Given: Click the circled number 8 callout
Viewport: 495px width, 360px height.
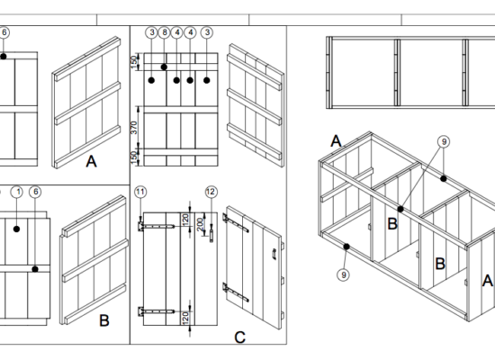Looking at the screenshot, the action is coord(164,32).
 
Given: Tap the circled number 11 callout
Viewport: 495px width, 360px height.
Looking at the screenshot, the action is coord(140,192).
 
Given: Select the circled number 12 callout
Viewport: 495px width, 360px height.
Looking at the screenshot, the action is coord(211,192).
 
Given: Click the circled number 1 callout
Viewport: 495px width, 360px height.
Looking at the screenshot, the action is coord(17,192).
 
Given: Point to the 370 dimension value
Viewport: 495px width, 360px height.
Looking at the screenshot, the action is coord(134,128).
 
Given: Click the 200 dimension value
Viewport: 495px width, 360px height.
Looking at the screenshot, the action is coord(200,224).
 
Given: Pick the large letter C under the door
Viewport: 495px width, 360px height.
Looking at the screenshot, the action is coord(240,337).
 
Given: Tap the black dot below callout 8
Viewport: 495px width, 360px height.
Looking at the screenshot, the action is coord(164,67).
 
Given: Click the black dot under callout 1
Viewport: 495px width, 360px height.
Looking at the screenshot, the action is coord(17,229).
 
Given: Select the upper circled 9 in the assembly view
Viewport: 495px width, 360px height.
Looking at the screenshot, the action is coord(444,141).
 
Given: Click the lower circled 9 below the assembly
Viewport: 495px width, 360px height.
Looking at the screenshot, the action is coord(344,274).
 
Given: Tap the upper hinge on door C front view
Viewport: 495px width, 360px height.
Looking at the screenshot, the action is coord(157,226).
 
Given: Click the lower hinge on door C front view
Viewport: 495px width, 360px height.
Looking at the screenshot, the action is coord(157,311).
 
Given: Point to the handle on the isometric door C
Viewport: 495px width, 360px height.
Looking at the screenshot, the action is coord(274,254).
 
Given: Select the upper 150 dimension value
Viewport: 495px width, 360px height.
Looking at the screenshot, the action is coord(134,62).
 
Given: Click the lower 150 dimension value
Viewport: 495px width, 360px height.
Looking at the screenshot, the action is coord(134,157).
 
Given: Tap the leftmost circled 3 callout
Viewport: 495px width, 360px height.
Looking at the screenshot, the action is coord(152,32).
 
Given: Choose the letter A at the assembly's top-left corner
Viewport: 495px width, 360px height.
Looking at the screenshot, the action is coord(336,140).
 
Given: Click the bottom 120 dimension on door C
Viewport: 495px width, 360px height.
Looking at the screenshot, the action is coord(186,317).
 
